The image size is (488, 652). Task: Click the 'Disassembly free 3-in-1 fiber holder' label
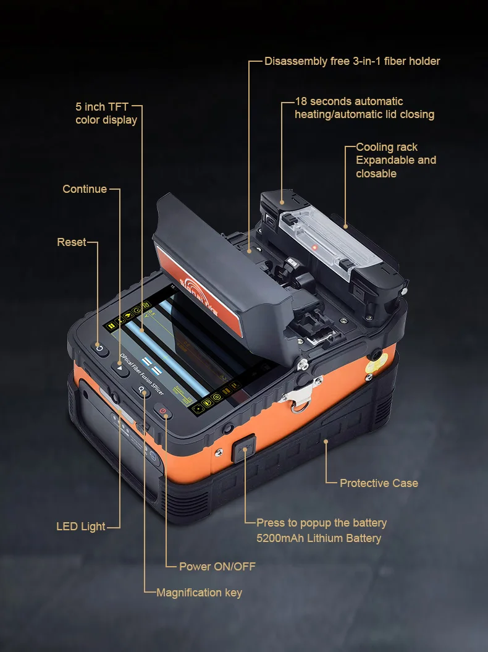(x=352, y=61)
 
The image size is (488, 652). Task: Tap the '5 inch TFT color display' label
(x=106, y=114)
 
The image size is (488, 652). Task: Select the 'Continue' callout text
(x=85, y=189)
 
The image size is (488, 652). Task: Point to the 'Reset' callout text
(x=72, y=242)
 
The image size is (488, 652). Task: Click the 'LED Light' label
(x=80, y=527)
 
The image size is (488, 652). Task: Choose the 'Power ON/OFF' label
(x=217, y=566)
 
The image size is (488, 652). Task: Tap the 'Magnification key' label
(x=199, y=593)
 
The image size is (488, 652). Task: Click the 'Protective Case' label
(x=379, y=483)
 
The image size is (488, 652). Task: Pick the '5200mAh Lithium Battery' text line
(x=319, y=538)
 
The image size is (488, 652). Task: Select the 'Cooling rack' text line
(x=387, y=147)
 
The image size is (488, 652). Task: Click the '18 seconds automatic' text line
(x=349, y=101)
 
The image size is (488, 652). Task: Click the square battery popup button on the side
(x=243, y=448)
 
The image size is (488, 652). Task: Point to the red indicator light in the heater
(x=315, y=247)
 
